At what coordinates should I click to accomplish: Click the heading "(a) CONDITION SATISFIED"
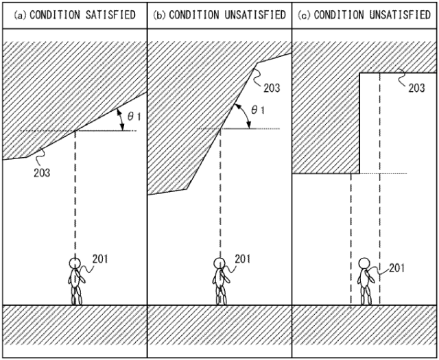[73, 14]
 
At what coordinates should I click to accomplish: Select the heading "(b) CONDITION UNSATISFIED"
[219, 14]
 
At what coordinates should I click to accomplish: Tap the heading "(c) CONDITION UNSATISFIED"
[365, 14]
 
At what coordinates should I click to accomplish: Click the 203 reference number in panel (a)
[42, 172]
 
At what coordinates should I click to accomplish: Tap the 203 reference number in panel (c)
[416, 88]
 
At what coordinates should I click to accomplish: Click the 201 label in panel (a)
[99, 259]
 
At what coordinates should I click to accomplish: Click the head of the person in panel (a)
[75, 263]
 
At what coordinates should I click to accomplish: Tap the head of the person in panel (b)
[219, 263]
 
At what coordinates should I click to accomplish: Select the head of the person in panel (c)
[365, 265]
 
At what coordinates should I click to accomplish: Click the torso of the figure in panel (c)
[366, 281]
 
